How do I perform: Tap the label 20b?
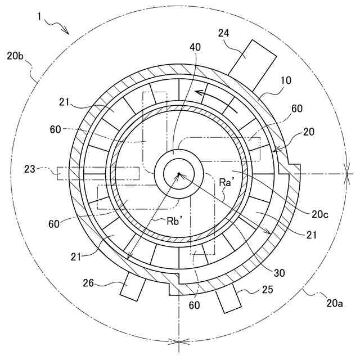pos(15,56)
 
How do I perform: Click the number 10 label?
pos(287,81)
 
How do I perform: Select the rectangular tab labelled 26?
pos(131,286)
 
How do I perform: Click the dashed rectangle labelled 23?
pos(98,173)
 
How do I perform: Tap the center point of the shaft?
pos(178,174)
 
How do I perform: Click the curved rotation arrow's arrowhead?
pos(196,92)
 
